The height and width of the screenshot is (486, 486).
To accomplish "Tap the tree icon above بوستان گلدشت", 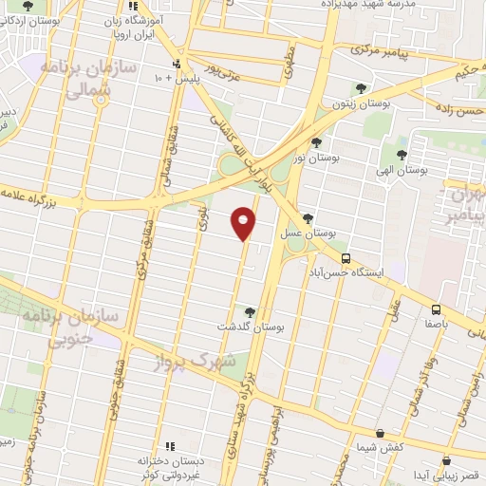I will click(250, 310).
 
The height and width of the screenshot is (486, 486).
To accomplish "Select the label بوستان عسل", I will click(309, 233).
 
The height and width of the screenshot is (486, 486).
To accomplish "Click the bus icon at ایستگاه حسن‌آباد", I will click(346, 257).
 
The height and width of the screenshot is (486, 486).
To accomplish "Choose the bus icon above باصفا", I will click(436, 308).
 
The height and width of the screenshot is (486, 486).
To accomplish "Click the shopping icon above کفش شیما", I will click(380, 434).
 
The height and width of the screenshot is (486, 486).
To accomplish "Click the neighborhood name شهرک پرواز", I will click(196, 362).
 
